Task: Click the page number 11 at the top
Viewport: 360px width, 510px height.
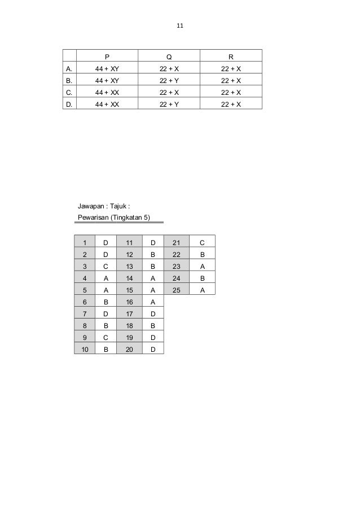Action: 180,26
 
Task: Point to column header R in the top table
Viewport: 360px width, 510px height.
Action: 231,56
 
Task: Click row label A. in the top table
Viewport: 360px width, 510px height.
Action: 69,68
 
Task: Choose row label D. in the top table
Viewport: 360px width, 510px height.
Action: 69,104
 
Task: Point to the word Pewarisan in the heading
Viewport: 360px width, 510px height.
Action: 94,217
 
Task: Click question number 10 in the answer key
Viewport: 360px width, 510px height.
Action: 86,348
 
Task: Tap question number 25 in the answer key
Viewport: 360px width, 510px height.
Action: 176,290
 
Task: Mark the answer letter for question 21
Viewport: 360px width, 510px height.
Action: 202,242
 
